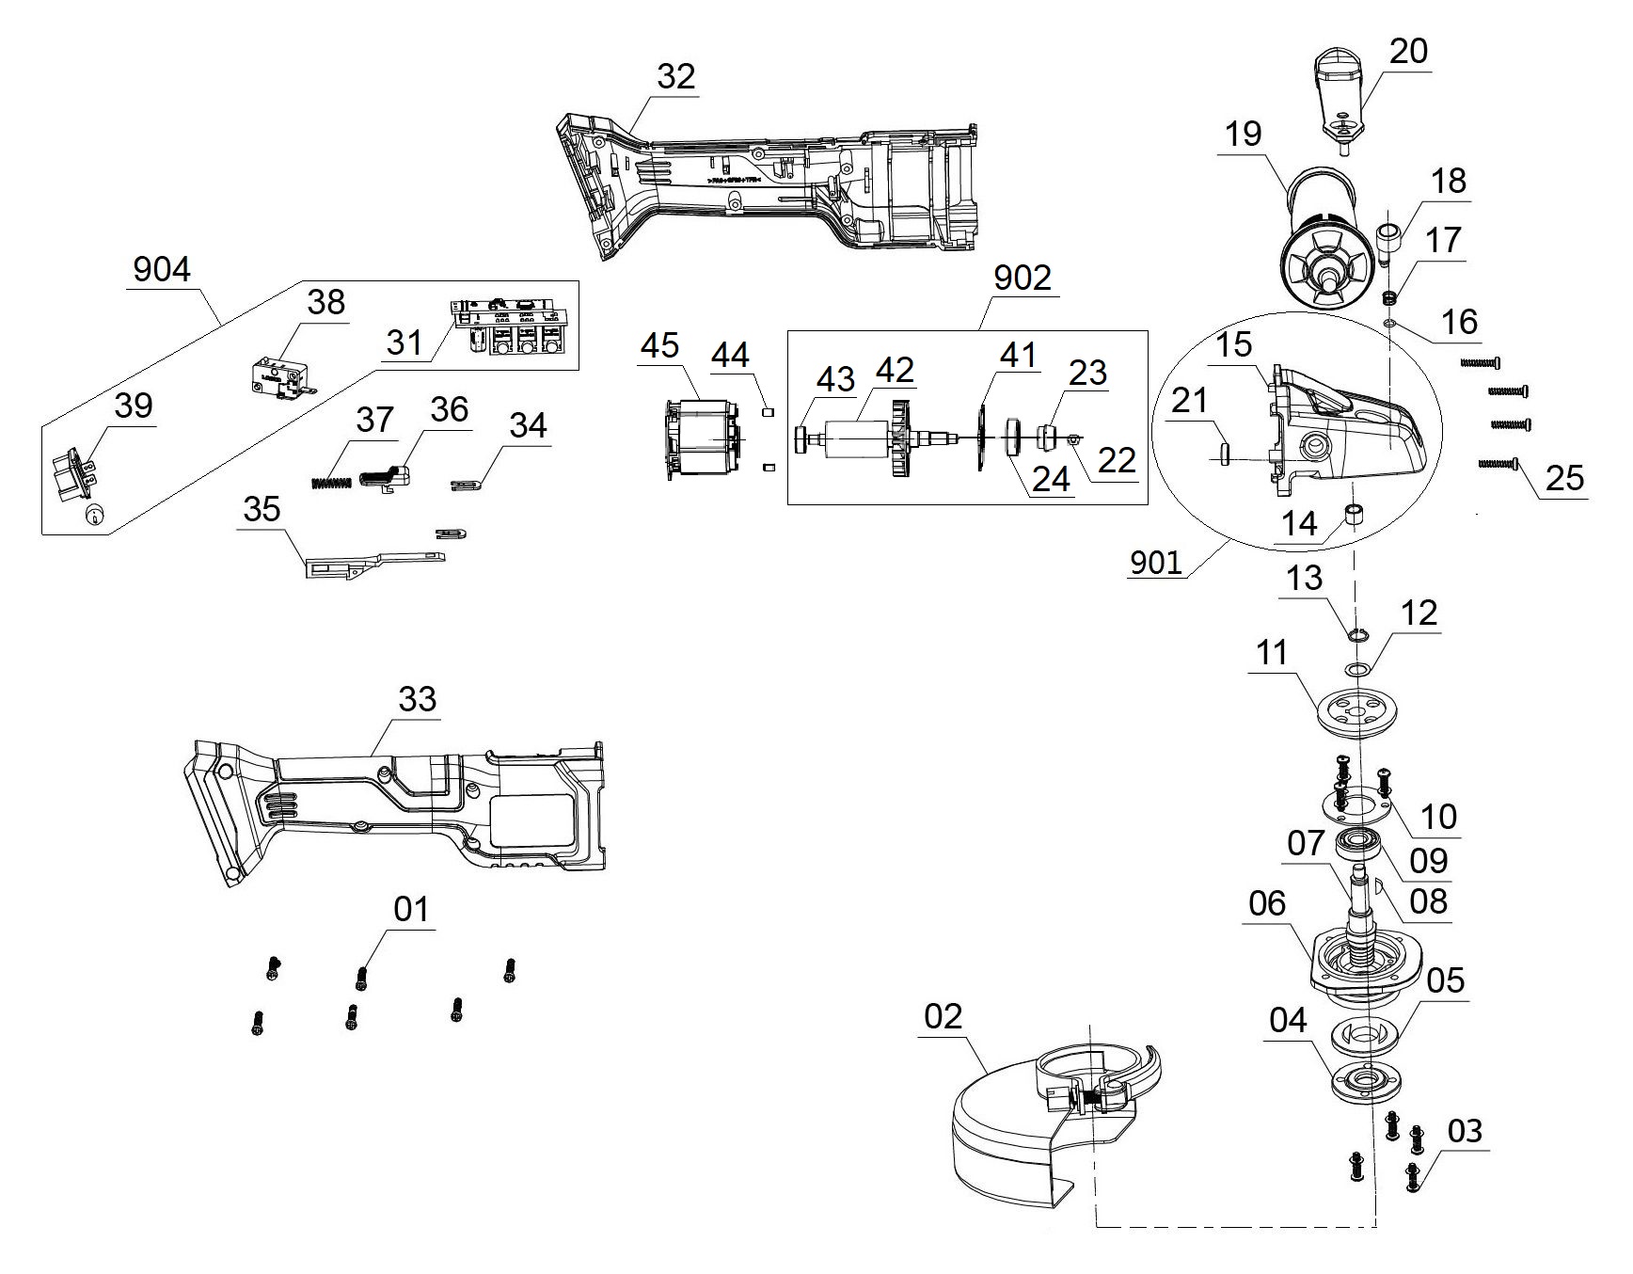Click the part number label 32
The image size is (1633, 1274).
pyautogui.click(x=675, y=76)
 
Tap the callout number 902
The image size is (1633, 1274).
pyautogui.click(x=1023, y=279)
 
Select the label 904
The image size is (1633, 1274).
pyautogui.click(x=162, y=270)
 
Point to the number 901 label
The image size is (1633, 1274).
pyautogui.click(x=1155, y=562)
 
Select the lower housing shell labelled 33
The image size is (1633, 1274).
pyautogui.click(x=395, y=809)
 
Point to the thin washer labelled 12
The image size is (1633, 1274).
pyautogui.click(x=1356, y=669)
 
